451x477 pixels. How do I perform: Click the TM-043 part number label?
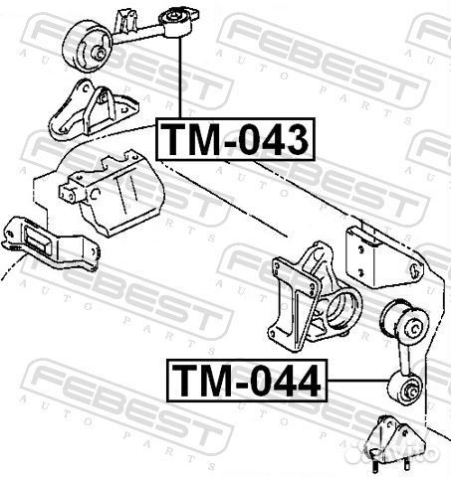235,138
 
